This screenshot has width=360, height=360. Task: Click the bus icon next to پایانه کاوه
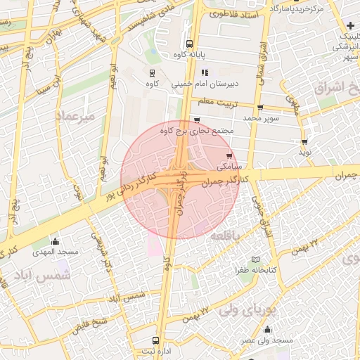click(187, 43)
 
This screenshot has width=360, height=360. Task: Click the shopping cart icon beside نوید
click(303, 141)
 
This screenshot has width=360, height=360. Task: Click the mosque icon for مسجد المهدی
click(55, 241)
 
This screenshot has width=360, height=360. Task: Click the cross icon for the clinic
click(349, 26)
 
